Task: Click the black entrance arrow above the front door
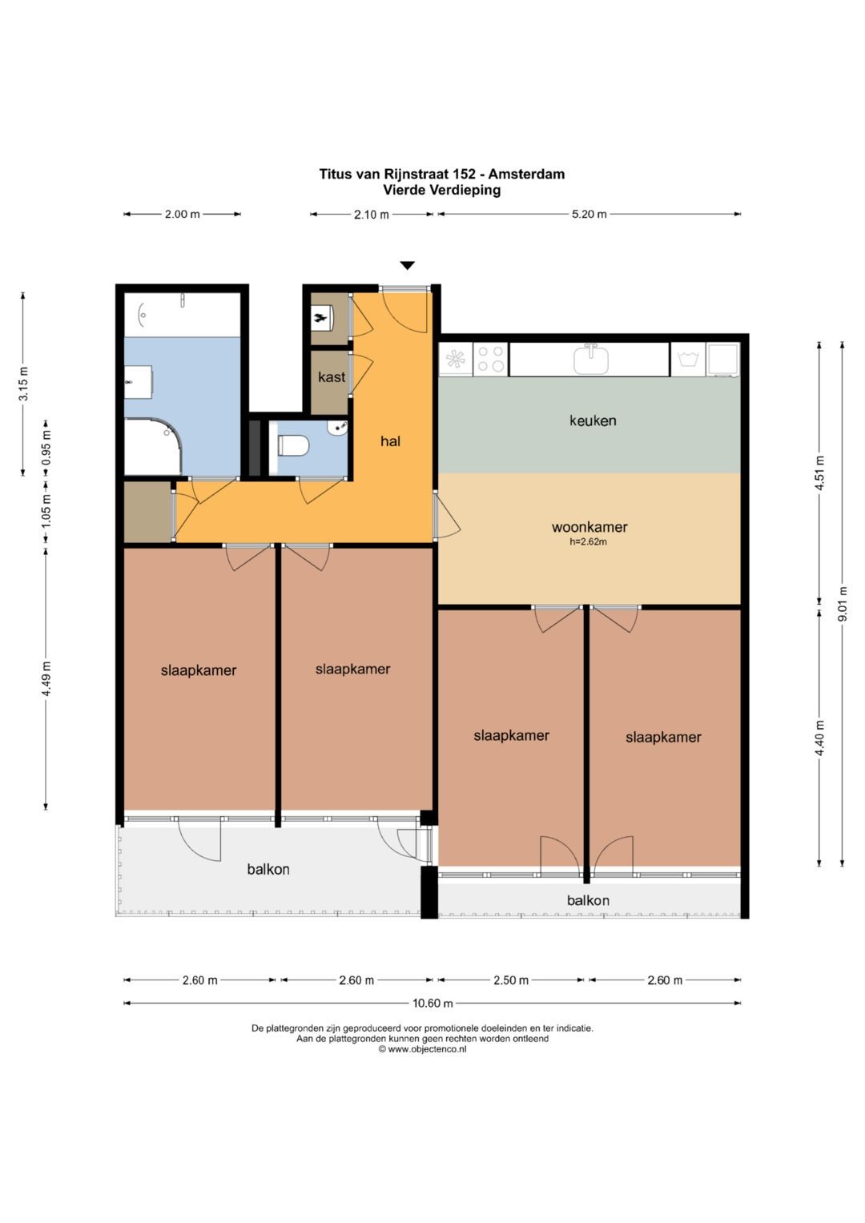[407, 265]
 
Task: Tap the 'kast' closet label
[332, 376]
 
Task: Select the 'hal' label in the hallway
[391, 441]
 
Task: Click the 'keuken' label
[593, 420]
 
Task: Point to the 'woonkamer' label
[589, 527]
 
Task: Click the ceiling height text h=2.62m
[588, 542]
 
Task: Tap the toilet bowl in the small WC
[294, 445]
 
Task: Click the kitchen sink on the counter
[591, 359]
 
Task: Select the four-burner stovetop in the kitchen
[490, 359]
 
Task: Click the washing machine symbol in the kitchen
[688, 359]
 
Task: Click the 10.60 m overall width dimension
[432, 1003]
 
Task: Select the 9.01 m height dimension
[843, 603]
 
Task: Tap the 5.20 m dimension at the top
[589, 214]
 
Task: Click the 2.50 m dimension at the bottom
[511, 980]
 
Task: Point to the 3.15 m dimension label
[23, 384]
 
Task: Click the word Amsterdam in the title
[526, 174]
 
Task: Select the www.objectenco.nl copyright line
[423, 1049]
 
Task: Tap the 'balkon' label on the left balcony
[268, 869]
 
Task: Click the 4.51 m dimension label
[819, 473]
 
